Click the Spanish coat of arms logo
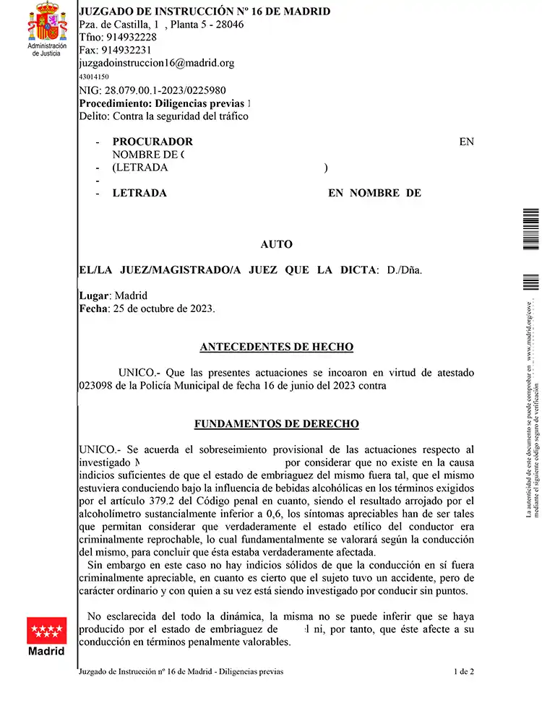[46, 22]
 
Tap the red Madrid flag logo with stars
[46, 630]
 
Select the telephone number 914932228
[132, 37]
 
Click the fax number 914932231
[126, 50]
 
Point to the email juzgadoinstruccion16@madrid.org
[156, 63]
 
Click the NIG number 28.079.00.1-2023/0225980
[165, 90]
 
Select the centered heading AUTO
[276, 245]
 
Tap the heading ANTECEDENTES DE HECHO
[276, 347]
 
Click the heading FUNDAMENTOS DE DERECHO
[276, 424]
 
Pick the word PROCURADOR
[152, 142]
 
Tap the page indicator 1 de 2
[464, 672]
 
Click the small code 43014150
[93, 77]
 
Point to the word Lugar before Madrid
[93, 295]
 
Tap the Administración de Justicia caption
[46, 49]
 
